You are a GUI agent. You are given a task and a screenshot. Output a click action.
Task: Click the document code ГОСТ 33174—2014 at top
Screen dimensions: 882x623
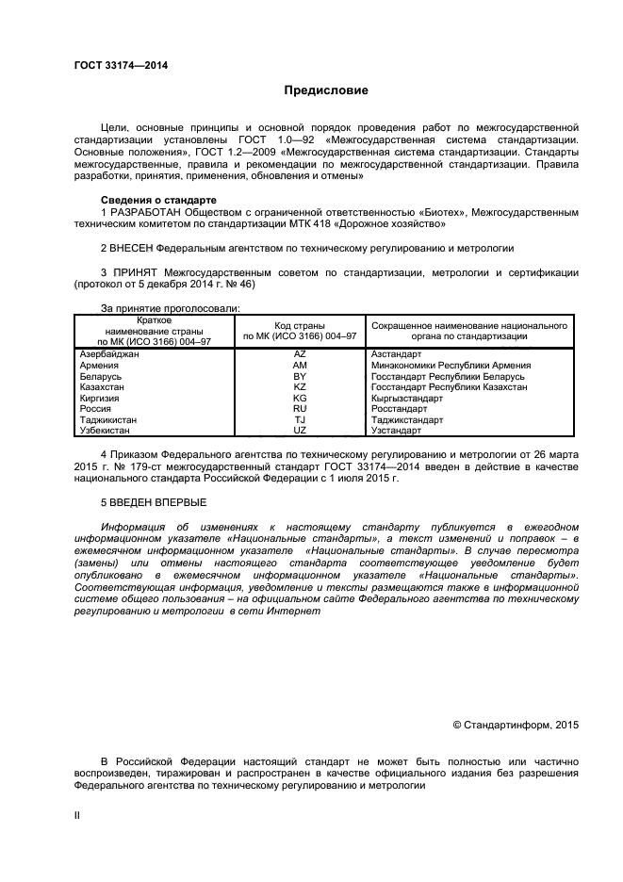click(x=114, y=65)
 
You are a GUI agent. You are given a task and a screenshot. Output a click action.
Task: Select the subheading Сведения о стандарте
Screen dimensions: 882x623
click(x=158, y=201)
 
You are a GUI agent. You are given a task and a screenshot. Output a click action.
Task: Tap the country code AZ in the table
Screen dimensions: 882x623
click(x=300, y=353)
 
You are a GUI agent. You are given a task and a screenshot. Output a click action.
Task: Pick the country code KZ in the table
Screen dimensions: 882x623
click(x=300, y=387)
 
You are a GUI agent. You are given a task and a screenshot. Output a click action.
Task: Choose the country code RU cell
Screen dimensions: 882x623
click(x=300, y=409)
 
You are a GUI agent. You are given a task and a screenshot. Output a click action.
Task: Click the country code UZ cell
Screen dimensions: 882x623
click(x=300, y=431)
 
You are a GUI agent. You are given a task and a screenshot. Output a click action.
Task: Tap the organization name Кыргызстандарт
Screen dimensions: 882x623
click(x=407, y=399)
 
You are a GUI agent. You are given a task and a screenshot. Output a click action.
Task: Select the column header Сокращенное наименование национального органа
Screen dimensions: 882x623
click(x=469, y=331)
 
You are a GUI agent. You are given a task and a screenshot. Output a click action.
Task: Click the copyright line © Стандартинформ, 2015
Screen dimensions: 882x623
click(x=516, y=725)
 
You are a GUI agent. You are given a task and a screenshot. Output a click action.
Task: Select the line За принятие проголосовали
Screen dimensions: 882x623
click(x=170, y=308)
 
